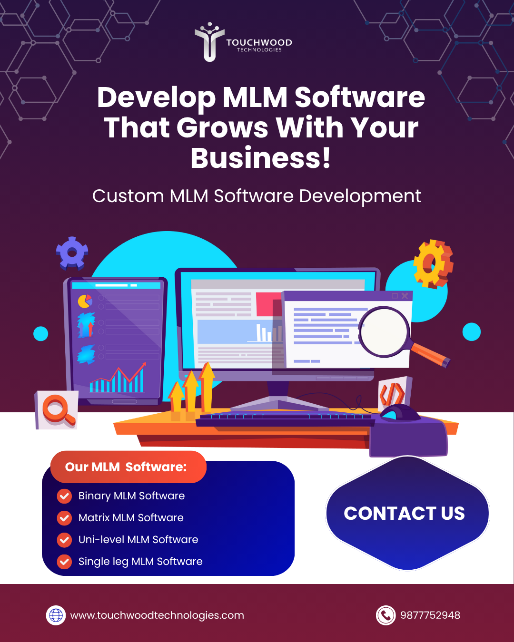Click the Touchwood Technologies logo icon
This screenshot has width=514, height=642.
coord(209,42)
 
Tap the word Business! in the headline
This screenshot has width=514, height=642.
coord(260,158)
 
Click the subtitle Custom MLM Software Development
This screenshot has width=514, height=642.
coord(257,196)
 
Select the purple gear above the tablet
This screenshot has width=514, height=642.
coord(72,253)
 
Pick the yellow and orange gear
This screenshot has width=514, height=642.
coord(433,263)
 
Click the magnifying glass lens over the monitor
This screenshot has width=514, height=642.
coord(384,332)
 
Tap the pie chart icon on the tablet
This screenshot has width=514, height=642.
coord(85,301)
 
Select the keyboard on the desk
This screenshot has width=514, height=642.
coord(286,419)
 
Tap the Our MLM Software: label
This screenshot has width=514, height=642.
coord(126,467)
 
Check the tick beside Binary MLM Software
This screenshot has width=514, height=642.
coord(64,496)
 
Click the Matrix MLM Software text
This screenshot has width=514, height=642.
coord(131,518)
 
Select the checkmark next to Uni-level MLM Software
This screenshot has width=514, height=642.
coord(64,540)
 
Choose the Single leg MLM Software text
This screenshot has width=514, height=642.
coord(140,562)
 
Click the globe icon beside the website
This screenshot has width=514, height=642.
coord(56,615)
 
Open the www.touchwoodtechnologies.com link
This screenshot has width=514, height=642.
coord(157,615)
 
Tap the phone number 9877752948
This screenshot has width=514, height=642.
coord(430,615)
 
